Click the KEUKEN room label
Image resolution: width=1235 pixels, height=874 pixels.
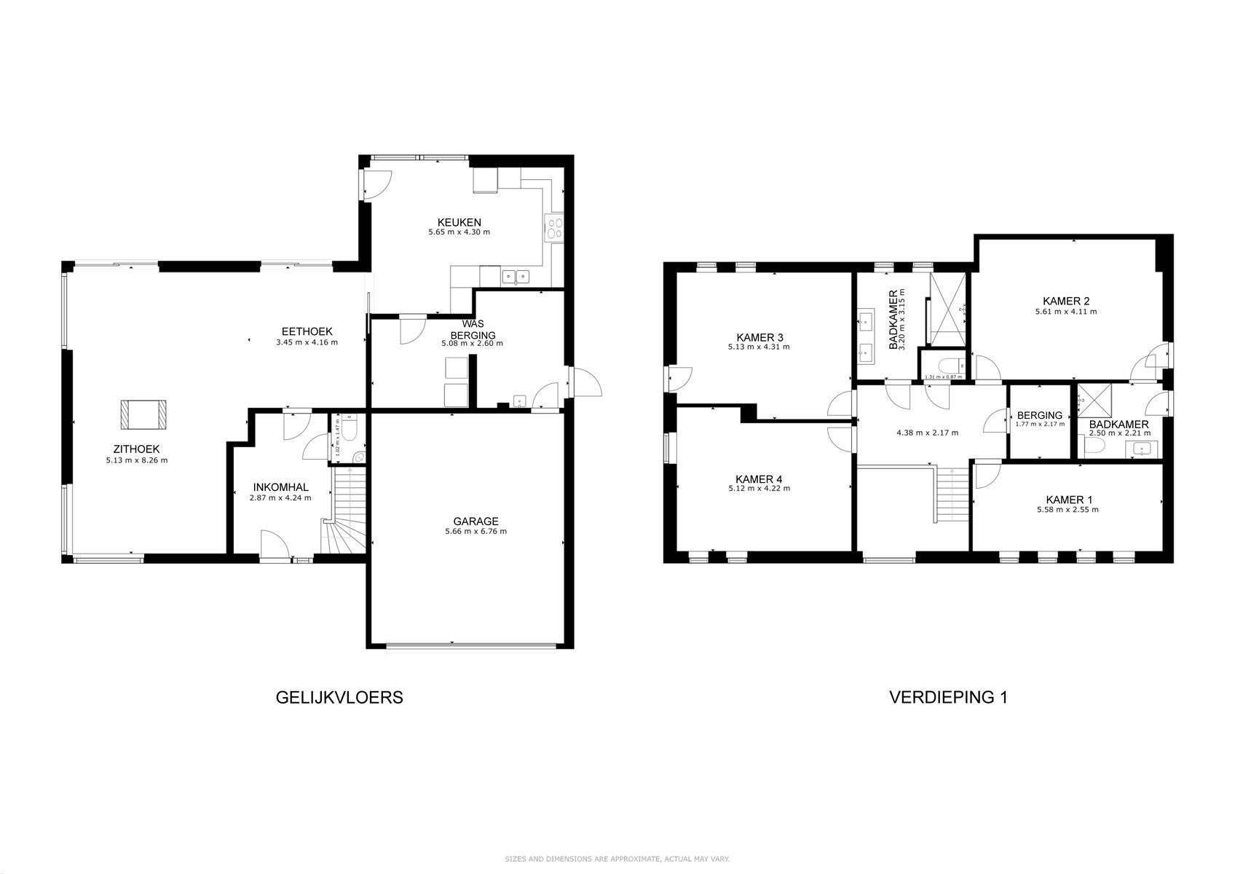click(x=459, y=222)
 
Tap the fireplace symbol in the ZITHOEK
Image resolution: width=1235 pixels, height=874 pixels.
click(x=143, y=414)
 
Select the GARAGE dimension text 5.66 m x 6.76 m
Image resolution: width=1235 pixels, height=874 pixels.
click(x=476, y=532)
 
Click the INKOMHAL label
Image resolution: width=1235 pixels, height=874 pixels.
click(x=280, y=487)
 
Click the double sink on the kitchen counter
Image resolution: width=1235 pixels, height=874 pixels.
click(x=516, y=276)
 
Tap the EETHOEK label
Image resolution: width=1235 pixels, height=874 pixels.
click(x=307, y=331)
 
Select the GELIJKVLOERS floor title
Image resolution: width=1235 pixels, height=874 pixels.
click(x=339, y=697)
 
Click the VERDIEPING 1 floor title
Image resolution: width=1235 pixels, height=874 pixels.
click(x=948, y=697)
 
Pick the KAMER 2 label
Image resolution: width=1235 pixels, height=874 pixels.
click(x=1065, y=301)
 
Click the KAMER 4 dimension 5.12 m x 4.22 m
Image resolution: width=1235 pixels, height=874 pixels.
click(x=759, y=489)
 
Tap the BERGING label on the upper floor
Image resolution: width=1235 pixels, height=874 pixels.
click(x=1039, y=415)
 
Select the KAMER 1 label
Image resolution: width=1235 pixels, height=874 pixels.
click(x=1068, y=500)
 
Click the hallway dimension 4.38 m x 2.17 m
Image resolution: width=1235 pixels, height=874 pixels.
click(x=926, y=433)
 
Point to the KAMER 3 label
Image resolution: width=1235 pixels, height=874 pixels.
click(x=759, y=337)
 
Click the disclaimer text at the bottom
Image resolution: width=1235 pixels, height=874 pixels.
click(x=617, y=859)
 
